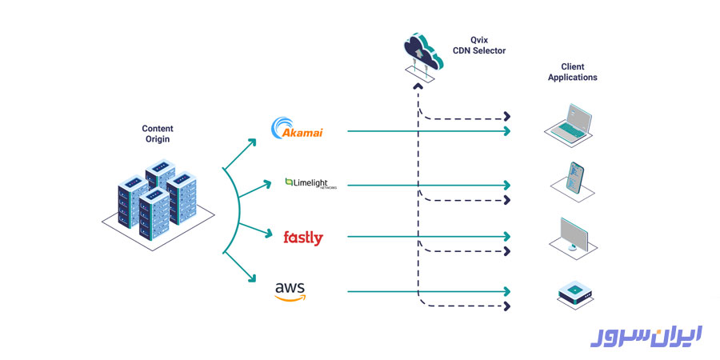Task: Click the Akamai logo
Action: click(x=298, y=130)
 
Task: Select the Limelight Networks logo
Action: click(x=310, y=184)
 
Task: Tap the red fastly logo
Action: click(x=303, y=237)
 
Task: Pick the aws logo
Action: click(x=290, y=291)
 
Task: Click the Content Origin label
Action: click(x=157, y=134)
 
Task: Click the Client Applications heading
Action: click(x=572, y=73)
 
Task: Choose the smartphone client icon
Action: click(x=574, y=178)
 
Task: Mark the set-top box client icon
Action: click(x=574, y=293)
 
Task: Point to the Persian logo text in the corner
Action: click(x=646, y=337)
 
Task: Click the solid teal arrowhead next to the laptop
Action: click(x=506, y=131)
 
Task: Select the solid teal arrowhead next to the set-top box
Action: click(x=506, y=291)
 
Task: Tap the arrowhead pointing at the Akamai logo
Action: click(x=254, y=142)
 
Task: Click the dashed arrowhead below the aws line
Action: click(x=506, y=306)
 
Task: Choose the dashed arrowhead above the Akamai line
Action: click(x=506, y=117)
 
